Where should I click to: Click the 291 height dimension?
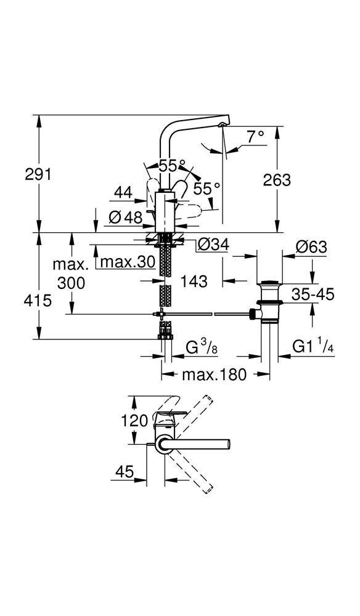(38, 174)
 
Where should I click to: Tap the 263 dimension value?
(277, 179)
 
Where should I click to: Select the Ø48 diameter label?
(125, 217)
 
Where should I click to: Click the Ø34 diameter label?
(213, 245)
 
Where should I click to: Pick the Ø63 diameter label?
(311, 247)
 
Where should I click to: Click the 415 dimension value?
(38, 301)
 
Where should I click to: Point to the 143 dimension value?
(194, 282)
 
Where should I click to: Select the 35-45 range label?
(313, 293)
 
